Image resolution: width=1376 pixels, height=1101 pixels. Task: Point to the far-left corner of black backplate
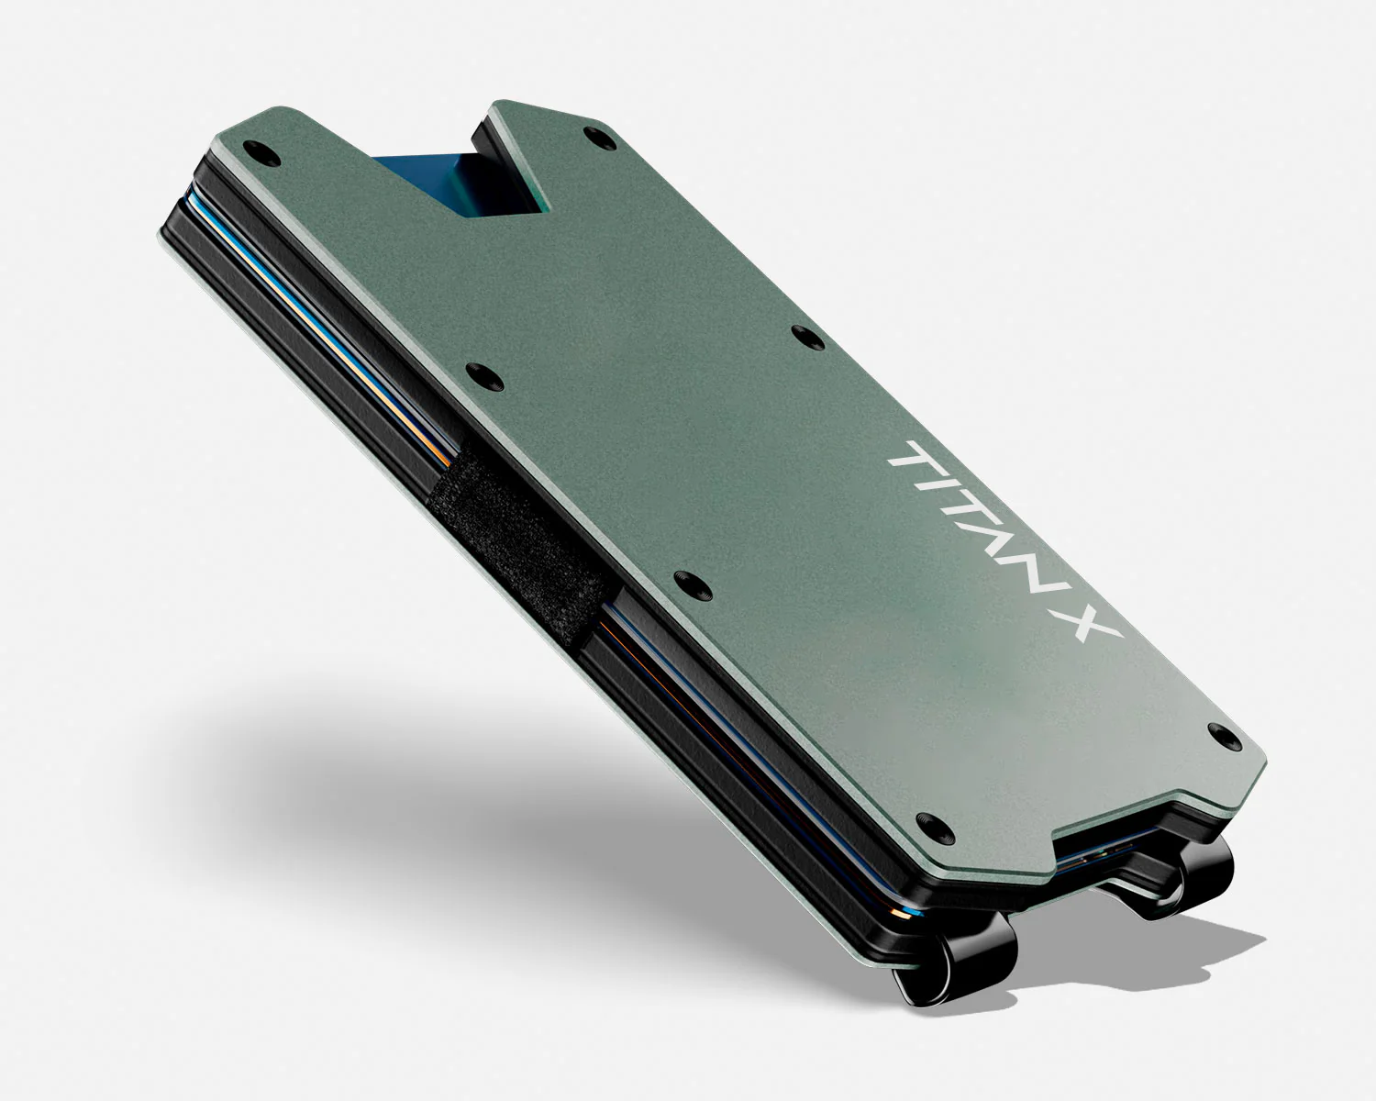(x=165, y=225)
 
